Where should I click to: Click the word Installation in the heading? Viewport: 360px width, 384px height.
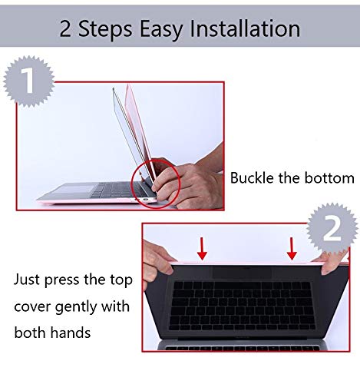pos(245,28)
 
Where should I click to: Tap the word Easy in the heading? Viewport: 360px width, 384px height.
pos(160,30)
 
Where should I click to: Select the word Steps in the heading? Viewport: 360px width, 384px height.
pos(105,30)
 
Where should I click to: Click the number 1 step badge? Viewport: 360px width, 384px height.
pos(29,81)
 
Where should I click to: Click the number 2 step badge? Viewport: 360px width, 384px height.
pos(332,228)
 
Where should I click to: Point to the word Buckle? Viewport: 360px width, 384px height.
pos(252,177)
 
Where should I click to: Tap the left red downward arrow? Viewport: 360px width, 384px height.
pos(202,248)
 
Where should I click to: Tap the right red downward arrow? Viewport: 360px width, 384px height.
pos(292,248)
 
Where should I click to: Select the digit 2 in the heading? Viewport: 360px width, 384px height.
pos(65,29)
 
